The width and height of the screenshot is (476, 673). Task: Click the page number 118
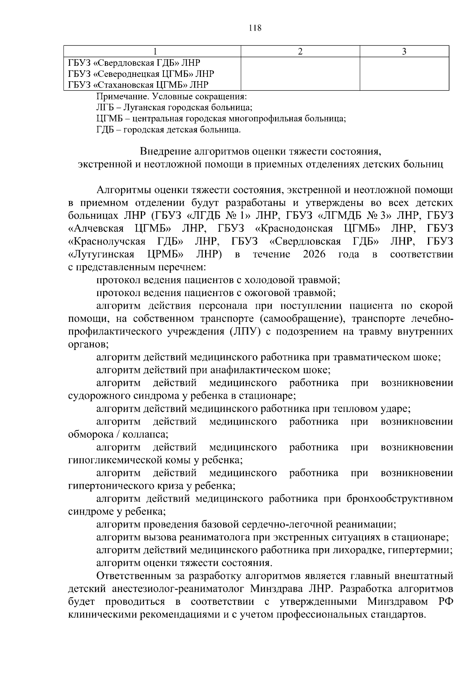point(255,28)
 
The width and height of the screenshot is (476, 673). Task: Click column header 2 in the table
point(300,52)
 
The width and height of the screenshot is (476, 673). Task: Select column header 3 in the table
point(404,52)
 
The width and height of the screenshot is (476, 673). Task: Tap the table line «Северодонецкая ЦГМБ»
point(141,74)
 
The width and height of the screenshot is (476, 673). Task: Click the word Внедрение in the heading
point(165,151)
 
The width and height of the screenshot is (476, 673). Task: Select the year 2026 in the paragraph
point(314,254)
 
